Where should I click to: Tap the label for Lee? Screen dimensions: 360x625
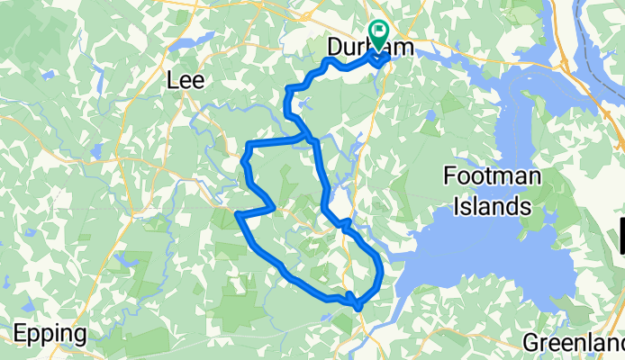[x=186, y=80]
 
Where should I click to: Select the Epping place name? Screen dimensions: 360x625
[x=50, y=335]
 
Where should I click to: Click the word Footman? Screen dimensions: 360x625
[x=492, y=176]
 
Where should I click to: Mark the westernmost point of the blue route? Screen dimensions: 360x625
[x=236, y=214]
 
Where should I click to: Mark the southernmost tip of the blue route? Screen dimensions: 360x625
[x=358, y=310]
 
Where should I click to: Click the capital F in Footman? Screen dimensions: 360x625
[x=450, y=176]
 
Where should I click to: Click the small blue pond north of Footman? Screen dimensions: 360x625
[x=430, y=115]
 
